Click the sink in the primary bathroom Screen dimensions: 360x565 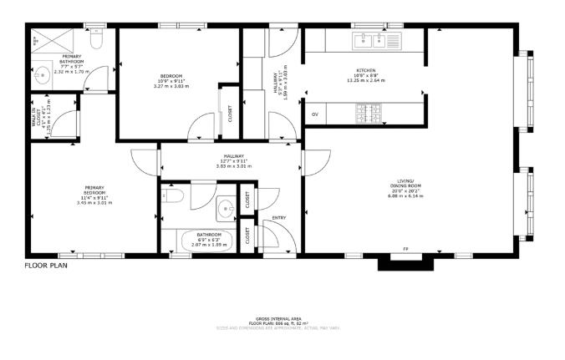point(41,72)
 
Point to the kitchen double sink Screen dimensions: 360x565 point(368,39)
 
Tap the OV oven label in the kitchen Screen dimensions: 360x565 point(315,114)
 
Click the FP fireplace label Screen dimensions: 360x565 point(406,250)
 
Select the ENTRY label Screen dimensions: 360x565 point(279,218)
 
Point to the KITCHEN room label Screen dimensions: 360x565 point(366,71)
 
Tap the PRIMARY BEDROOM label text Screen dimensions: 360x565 point(94,190)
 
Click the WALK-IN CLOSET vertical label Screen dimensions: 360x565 point(34,118)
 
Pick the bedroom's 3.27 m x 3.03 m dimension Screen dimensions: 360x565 point(173,86)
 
